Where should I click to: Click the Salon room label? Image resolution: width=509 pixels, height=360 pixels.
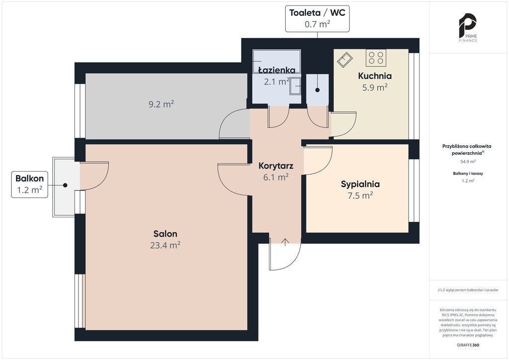click(x=165, y=234)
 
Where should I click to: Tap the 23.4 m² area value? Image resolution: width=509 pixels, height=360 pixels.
click(x=165, y=245)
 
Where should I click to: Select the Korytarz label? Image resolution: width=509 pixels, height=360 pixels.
click(x=276, y=166)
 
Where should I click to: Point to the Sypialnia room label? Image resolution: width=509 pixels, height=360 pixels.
click(x=360, y=184)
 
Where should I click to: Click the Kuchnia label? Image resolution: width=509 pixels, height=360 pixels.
click(x=375, y=76)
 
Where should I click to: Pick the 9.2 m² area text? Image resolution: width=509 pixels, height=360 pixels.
click(x=162, y=104)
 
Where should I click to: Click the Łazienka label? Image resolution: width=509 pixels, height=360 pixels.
click(x=277, y=70)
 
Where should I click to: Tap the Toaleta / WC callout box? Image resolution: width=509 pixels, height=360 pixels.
click(x=318, y=18)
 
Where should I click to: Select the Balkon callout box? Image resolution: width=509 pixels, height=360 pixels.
click(x=29, y=184)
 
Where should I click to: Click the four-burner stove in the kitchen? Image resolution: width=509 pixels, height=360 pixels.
click(x=376, y=58)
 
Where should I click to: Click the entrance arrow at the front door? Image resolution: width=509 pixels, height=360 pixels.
click(x=285, y=242)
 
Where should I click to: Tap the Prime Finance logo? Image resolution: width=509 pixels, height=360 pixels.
click(x=468, y=27)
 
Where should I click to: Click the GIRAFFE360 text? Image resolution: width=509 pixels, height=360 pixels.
click(x=468, y=345)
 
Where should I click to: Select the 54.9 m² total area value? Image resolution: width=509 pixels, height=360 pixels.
click(x=468, y=161)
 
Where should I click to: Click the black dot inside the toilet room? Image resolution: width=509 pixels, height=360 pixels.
click(x=317, y=90)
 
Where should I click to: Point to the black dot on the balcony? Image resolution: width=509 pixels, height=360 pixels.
click(x=65, y=185)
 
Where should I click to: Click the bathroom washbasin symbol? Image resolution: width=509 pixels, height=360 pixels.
click(x=295, y=86)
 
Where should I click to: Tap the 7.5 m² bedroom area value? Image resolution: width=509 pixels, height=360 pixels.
click(x=360, y=195)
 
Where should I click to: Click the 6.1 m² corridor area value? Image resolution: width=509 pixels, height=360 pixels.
click(x=276, y=177)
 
